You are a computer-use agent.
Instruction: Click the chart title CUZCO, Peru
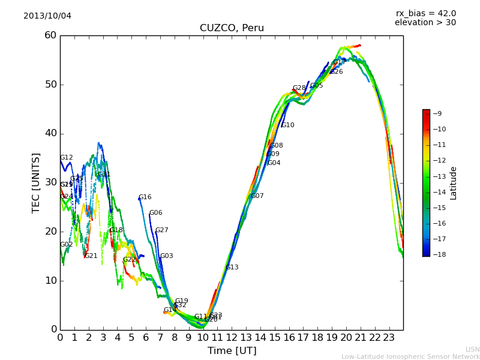tap(232, 28)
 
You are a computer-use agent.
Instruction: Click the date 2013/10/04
tap(47, 16)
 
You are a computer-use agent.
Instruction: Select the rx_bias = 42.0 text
tap(425, 14)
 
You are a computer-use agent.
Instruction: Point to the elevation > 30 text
tap(425, 23)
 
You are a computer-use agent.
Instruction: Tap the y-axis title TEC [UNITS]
tap(36, 182)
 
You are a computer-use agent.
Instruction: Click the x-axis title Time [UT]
tap(232, 350)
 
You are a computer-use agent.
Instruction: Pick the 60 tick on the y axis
tap(50, 35)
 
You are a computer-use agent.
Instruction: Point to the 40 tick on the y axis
tap(50, 133)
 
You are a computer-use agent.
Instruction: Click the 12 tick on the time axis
tap(232, 337)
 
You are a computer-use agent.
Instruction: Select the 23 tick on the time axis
tap(389, 337)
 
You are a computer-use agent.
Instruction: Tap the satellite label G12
tap(66, 158)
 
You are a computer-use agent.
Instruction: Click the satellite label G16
tap(145, 197)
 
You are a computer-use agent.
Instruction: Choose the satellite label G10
tap(287, 125)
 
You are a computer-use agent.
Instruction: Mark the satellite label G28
tap(299, 88)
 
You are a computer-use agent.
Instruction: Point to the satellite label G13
tap(232, 268)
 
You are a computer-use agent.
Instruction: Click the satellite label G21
tap(91, 256)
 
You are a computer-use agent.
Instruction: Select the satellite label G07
tap(257, 196)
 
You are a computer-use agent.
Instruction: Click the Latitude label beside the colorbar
tap(454, 182)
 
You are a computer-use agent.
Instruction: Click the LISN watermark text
tap(472, 349)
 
